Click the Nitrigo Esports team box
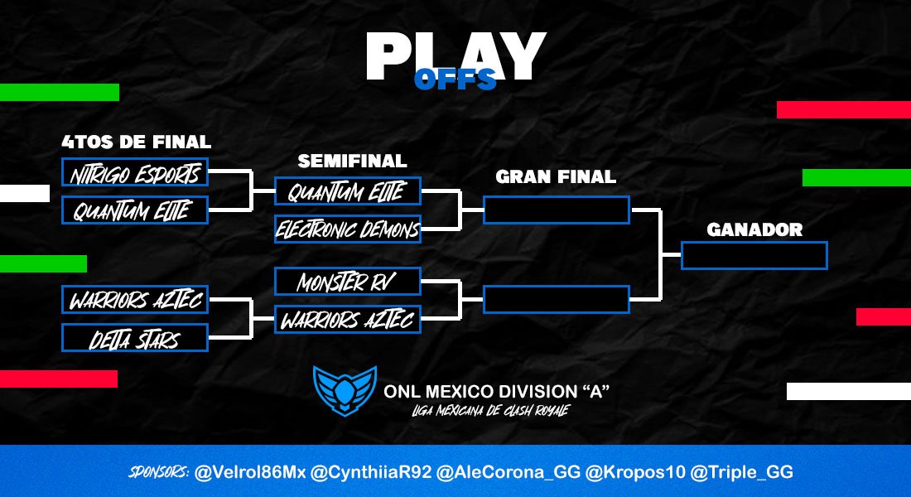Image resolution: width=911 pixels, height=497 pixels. point(134,173)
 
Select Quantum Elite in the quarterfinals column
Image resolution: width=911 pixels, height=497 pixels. point(134,210)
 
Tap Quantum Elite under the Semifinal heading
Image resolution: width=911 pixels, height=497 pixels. point(347,191)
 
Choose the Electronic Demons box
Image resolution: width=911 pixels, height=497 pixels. point(347,229)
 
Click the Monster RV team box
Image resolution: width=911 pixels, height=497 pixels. point(347,282)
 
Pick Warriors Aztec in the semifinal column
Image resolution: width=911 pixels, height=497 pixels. point(347,319)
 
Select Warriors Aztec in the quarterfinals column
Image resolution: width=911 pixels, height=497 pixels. point(134,300)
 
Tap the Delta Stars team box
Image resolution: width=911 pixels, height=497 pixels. point(134,337)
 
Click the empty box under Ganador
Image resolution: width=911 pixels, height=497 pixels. point(754,255)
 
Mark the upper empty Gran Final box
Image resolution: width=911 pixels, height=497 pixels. point(557,210)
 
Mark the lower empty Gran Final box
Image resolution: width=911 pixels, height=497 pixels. point(557,299)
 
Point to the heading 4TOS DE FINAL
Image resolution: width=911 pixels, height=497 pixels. point(136,142)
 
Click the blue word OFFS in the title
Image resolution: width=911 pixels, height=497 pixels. point(455,80)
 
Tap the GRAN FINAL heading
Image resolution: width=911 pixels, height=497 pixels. point(556,176)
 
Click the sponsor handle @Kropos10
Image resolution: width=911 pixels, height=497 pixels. point(629,472)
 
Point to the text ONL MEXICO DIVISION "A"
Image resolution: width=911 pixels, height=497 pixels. point(497,390)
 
